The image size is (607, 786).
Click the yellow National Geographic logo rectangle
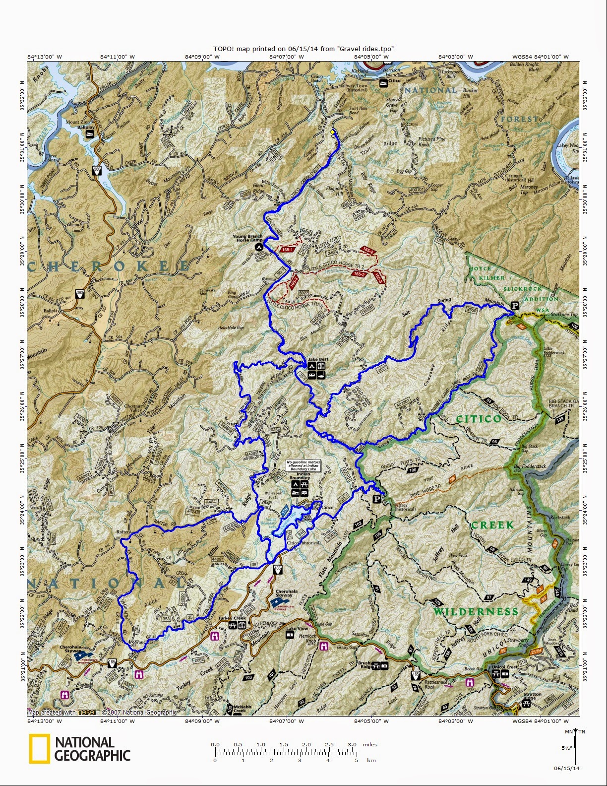(39, 748)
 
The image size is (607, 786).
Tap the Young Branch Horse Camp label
(248, 238)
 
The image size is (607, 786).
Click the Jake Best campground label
(318, 359)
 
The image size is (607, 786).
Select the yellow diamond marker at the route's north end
(332, 132)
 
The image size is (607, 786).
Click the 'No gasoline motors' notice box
(304, 465)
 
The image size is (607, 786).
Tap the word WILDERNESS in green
(476, 611)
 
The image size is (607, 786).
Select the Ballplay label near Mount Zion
(85, 127)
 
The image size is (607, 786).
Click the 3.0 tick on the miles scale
(352, 745)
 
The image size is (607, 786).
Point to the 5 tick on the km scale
(356, 760)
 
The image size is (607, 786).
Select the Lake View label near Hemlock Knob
(297, 628)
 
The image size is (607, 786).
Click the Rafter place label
(122, 532)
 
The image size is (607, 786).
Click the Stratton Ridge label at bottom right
(532, 696)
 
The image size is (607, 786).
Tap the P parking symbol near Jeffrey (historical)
(377, 499)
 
